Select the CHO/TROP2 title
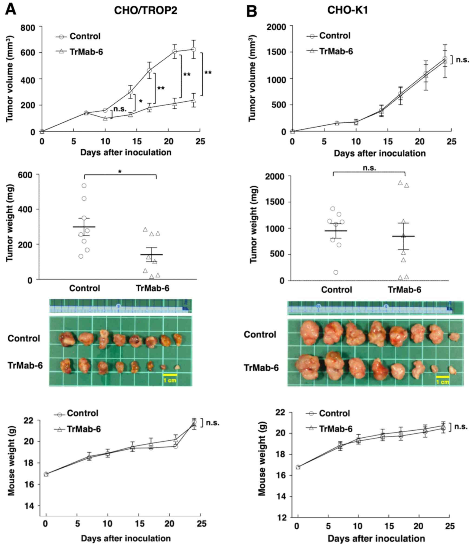point(145,10)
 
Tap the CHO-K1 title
point(348,10)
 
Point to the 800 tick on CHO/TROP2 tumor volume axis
point(29,27)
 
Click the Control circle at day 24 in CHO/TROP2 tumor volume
point(194,49)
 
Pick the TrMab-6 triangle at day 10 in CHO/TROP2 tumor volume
point(105,118)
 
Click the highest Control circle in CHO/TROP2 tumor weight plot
point(84,186)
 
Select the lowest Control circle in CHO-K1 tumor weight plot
point(336,272)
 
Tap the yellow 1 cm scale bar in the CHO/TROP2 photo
point(170,375)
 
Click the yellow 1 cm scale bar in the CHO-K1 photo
point(442,377)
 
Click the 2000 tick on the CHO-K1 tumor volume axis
point(276,27)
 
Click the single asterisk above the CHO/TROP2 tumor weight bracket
point(120,172)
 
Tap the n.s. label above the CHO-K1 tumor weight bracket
point(369,168)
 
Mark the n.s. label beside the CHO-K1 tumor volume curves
point(462,60)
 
